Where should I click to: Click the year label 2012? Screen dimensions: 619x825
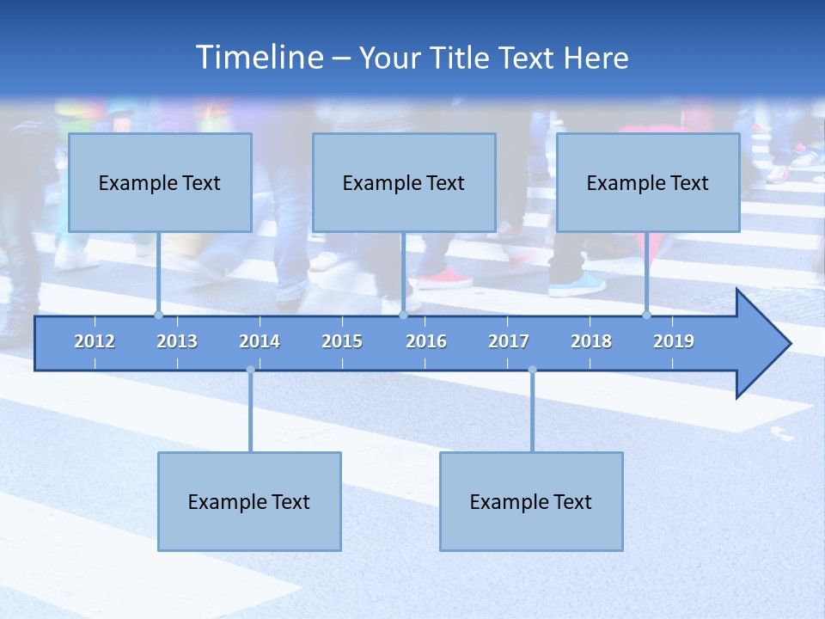pyautogui.click(x=95, y=341)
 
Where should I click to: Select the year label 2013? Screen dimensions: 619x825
pyautogui.click(x=177, y=341)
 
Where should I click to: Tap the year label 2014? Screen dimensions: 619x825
pyautogui.click(x=260, y=341)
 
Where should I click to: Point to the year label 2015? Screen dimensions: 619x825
pyautogui.click(x=342, y=341)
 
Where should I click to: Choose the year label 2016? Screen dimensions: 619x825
pyautogui.click(x=426, y=341)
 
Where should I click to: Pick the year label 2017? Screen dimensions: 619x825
pyautogui.click(x=509, y=341)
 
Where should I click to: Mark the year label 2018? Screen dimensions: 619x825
pyautogui.click(x=591, y=341)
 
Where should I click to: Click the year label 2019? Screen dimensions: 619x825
pyautogui.click(x=674, y=341)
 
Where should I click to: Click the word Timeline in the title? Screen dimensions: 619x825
pyautogui.click(x=259, y=58)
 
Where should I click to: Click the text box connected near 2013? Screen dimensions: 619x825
pyautogui.click(x=160, y=182)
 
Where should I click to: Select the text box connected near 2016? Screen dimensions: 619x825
pyautogui.click(x=404, y=182)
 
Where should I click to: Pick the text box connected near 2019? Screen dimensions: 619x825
pyautogui.click(x=648, y=182)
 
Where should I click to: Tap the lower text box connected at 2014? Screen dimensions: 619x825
pyautogui.click(x=249, y=501)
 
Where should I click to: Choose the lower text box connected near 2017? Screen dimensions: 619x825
pyautogui.click(x=531, y=501)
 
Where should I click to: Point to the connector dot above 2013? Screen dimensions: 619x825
pyautogui.click(x=158, y=315)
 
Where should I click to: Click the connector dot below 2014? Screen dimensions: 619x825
pyautogui.click(x=250, y=370)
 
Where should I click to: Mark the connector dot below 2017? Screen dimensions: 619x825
pyautogui.click(x=532, y=370)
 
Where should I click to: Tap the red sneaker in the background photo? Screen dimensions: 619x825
pyautogui.click(x=444, y=278)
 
